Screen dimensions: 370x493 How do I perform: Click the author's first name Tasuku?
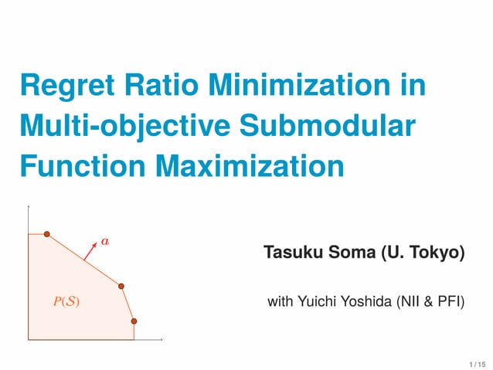point(290,253)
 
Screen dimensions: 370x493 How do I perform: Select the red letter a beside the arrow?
point(105,241)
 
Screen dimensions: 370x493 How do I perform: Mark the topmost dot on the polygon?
point(46,233)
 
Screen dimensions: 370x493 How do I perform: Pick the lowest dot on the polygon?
point(133,321)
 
